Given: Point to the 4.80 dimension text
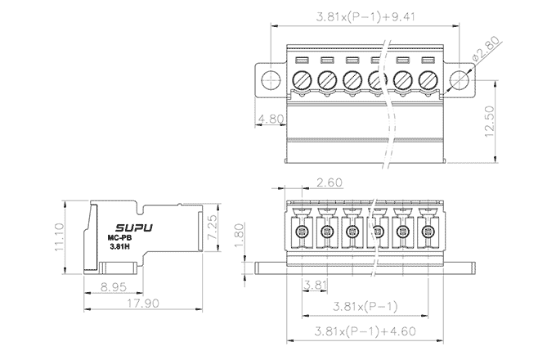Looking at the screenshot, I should [271, 119].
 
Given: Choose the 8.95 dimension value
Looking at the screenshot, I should [114, 287].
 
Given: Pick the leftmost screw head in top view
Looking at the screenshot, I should [301, 79].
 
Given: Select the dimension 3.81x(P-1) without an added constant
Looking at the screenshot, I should [367, 307].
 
